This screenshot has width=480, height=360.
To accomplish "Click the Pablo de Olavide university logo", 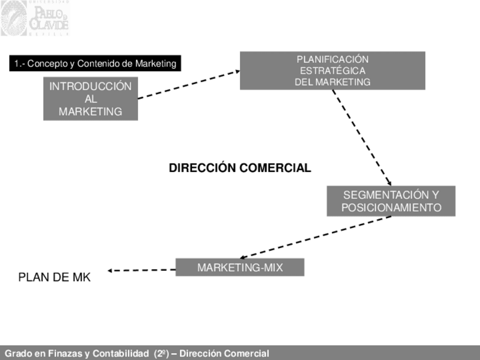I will (35, 18).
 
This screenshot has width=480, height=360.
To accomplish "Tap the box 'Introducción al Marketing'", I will (91, 99).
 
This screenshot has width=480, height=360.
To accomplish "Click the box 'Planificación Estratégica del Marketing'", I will (332, 71).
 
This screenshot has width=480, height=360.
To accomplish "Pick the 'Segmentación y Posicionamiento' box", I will (391, 201).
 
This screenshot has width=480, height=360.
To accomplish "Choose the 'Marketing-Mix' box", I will (240, 267).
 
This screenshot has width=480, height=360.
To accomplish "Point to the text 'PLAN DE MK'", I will (54, 277).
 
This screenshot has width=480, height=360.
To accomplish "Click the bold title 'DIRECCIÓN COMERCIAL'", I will (240, 168).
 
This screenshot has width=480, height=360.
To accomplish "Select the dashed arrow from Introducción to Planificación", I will (188, 84).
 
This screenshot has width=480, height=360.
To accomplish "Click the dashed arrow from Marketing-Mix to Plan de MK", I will (142, 271).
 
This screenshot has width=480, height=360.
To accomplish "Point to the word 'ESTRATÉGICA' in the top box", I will (332, 71).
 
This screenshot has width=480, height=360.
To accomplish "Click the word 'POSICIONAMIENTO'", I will (391, 208).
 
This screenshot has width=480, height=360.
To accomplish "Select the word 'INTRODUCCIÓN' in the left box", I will (91, 87).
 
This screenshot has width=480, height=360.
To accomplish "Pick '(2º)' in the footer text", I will (161, 354).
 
